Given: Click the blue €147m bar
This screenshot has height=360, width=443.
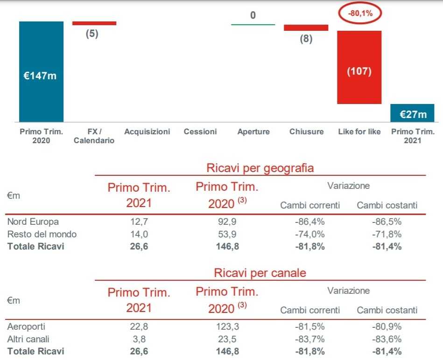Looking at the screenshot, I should (41, 71).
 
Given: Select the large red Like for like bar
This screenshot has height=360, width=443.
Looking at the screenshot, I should (359, 67).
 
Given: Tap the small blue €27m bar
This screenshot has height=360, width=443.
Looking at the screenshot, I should (412, 113).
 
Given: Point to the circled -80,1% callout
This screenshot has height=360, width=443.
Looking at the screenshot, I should (360, 14).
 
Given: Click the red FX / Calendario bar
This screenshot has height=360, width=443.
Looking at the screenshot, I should (94, 23).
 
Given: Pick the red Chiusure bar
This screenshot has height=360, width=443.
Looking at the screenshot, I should (306, 28).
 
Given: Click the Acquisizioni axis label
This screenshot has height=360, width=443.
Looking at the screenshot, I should (147, 132).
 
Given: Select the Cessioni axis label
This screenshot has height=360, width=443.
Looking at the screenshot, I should (200, 132).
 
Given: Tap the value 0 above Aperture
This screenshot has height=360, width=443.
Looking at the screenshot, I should (253, 15).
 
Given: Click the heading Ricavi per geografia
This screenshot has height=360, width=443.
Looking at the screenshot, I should (260, 168).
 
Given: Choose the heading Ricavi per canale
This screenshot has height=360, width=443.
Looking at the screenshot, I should (260, 273).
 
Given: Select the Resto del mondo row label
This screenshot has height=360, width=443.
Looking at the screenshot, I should (42, 234).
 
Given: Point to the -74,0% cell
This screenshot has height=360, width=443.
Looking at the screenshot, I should (310, 234).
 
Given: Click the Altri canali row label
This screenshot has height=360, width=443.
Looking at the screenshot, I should (28, 339).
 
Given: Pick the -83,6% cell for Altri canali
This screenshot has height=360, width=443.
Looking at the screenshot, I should (387, 339).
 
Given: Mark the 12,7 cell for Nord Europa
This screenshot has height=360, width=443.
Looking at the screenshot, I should (139, 222).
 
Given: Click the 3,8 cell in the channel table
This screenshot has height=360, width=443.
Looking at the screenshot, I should (139, 339).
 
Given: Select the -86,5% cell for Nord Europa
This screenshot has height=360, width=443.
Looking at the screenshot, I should (387, 222).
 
